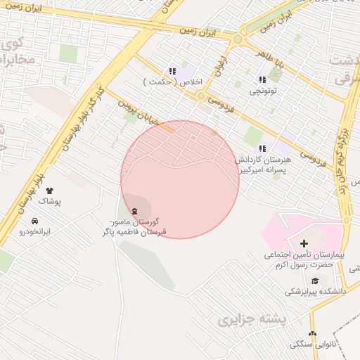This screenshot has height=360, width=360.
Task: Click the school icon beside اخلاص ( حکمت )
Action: (172, 71)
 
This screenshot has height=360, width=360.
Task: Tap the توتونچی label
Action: (263, 91)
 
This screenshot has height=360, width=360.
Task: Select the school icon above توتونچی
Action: (262, 80)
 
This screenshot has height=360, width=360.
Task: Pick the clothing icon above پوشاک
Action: (49, 191)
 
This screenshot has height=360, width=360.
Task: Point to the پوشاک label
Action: (49, 202)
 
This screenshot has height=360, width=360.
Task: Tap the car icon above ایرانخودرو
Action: (35, 220)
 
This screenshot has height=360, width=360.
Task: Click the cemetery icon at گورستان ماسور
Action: (134, 211)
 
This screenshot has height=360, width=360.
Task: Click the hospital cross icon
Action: (304, 243)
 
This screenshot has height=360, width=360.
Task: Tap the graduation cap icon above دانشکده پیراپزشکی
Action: (314, 281)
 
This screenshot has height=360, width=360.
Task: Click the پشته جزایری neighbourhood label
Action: (253, 320)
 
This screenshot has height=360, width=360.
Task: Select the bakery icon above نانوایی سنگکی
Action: (312, 334)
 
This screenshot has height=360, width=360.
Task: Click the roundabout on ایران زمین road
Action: (238, 39)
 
